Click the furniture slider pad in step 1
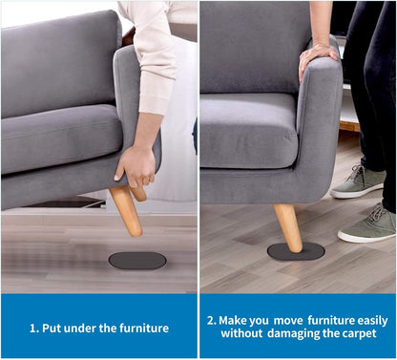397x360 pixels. coord(137,261)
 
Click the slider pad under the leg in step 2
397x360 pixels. coord(296,251)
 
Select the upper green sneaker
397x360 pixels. coord(358,182)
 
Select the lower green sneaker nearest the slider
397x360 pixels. coord(366,224)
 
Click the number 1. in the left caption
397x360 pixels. coord(34,328)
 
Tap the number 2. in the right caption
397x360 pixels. coord(212,320)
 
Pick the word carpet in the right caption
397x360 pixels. coord(359,334)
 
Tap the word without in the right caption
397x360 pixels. coord(241,333)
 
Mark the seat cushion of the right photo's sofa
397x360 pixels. coord(249,131)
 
